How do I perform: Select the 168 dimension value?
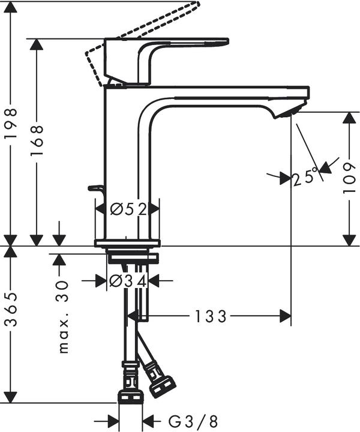37,141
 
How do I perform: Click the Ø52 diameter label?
129,209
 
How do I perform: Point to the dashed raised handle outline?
144,30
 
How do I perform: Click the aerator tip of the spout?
288,111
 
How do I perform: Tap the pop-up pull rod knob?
95,188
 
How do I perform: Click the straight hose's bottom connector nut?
131,396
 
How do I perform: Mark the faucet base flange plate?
127,243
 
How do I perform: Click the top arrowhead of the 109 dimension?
349,118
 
